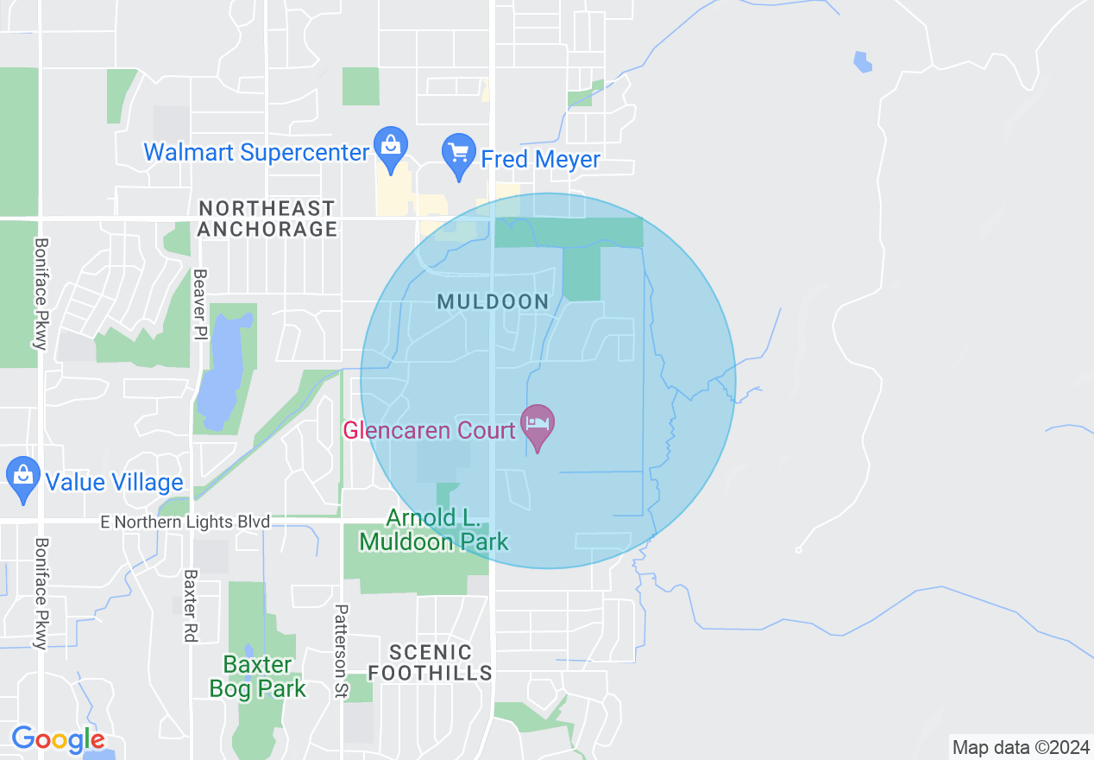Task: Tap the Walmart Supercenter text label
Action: coord(256,153)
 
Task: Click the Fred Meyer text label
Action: coord(540,160)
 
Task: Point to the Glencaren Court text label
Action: coord(430,430)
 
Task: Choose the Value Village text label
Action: coord(114,482)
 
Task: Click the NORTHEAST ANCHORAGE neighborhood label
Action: coord(267,218)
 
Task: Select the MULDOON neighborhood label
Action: coord(493,301)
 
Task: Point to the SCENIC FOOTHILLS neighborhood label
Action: coord(440,662)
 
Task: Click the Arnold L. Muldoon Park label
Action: coord(434,529)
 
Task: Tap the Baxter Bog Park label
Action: coord(258,676)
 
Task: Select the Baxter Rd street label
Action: coord(191,605)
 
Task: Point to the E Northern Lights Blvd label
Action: coord(185,522)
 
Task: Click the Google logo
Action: coord(58,739)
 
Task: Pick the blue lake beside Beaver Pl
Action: coord(221,371)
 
